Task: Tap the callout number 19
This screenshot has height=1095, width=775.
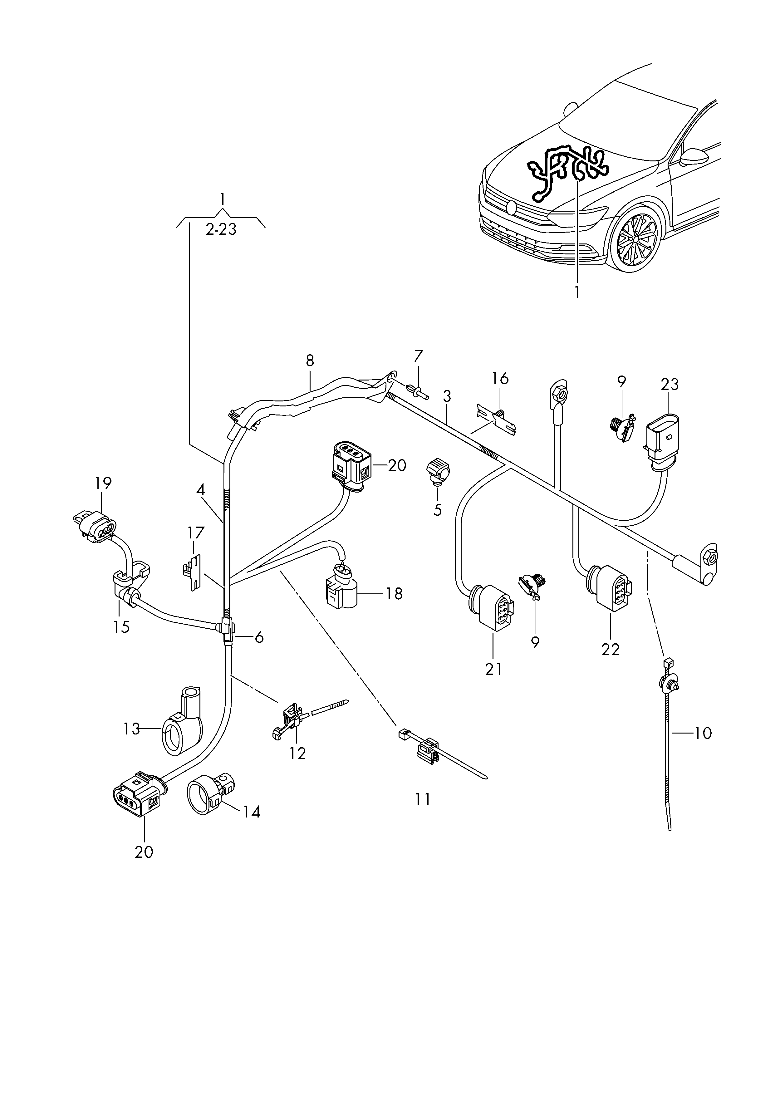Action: pyautogui.click(x=103, y=483)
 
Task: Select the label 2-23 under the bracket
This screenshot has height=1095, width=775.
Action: pyautogui.click(x=221, y=229)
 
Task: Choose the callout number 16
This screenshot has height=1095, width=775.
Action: pyautogui.click(x=500, y=379)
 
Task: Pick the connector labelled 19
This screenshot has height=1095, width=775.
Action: pyautogui.click(x=95, y=528)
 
